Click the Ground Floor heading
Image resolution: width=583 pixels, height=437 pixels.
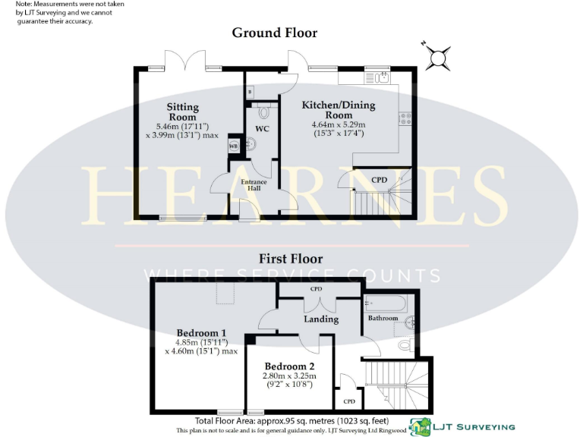click(x=274, y=33)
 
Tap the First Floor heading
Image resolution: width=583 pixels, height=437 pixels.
click(x=292, y=258)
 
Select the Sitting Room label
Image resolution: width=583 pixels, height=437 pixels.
click(x=182, y=112)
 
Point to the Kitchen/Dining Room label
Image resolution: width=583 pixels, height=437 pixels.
click(x=334, y=110)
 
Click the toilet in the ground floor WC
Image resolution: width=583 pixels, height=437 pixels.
click(x=263, y=113)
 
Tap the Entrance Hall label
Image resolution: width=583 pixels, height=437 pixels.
click(x=256, y=186)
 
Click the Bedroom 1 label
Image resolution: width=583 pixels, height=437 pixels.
click(x=201, y=333)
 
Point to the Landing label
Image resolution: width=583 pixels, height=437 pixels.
click(x=321, y=319)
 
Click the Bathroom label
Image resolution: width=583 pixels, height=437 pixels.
click(x=383, y=318)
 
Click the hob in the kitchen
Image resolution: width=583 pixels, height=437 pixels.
click(x=405, y=118)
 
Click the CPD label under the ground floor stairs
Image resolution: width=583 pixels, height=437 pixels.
click(x=379, y=180)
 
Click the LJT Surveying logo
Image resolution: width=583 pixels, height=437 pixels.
click(x=462, y=426)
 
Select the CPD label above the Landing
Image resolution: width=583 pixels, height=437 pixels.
click(x=317, y=289)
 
